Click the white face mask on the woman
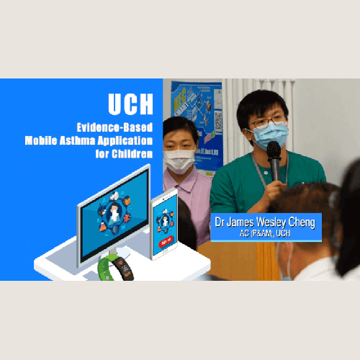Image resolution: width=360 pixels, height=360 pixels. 179,161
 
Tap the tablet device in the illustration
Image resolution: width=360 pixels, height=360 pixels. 165,224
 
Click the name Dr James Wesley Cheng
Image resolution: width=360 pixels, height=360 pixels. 265,223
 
